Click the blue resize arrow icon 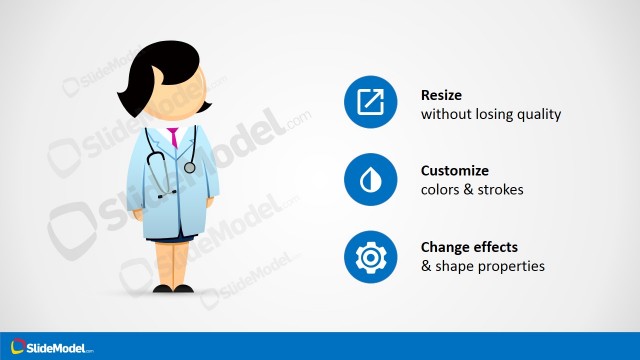[371, 103]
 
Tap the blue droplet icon [371, 180]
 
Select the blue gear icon [371, 257]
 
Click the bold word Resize [443, 95]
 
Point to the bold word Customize [455, 171]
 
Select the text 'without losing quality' [490, 114]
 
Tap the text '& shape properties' [482, 267]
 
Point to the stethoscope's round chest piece [190, 167]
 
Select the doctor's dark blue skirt [171, 238]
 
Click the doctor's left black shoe [162, 289]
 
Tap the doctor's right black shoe [183, 289]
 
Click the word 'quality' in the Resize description [538, 114]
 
